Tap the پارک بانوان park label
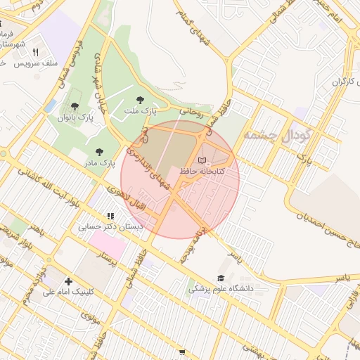point(75,117)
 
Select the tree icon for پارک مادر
point(98,151)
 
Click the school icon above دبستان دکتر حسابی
point(110,216)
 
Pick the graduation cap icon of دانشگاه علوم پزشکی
point(221,278)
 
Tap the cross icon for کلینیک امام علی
point(68,281)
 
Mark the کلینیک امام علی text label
point(72,291)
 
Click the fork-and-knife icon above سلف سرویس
point(35,52)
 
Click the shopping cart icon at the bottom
point(182,352)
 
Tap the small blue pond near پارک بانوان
point(50,105)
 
